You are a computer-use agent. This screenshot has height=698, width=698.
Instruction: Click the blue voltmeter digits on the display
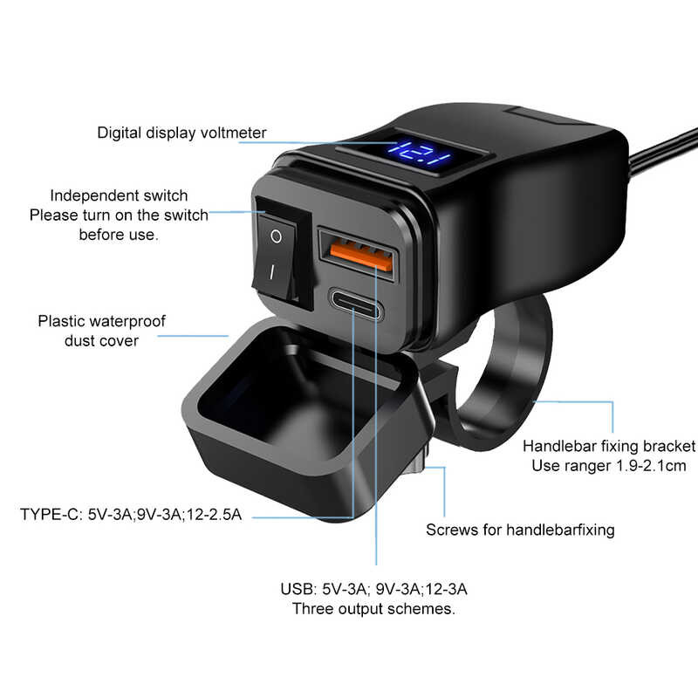[x=420, y=154]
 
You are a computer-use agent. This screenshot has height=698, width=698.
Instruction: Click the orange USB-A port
[x=361, y=255]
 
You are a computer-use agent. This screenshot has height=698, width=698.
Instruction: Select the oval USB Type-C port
[x=355, y=304]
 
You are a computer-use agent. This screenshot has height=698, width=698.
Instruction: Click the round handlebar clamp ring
[x=503, y=374]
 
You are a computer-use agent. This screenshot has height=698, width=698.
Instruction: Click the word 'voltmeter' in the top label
[x=233, y=133]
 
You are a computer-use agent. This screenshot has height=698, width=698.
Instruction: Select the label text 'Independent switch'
[x=119, y=195]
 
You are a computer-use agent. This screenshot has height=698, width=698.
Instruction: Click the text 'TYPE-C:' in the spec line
[x=51, y=514]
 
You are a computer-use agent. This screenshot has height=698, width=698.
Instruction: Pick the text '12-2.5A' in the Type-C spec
[x=214, y=514]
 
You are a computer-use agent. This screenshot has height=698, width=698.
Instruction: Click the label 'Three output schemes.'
[x=373, y=608]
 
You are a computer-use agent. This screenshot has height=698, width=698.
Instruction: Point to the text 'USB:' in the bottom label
[x=298, y=589]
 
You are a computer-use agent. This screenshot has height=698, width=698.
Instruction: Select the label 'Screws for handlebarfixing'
[x=520, y=530]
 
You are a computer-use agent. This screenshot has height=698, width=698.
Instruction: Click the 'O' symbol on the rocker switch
[x=276, y=236]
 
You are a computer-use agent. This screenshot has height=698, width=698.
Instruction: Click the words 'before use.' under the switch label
[x=119, y=235]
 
